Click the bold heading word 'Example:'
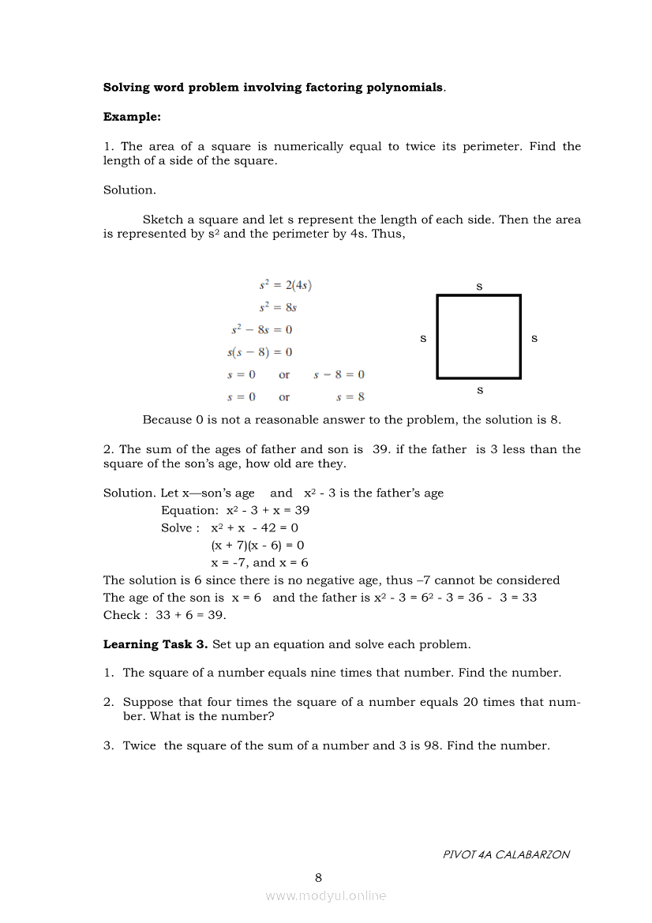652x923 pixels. point(132,117)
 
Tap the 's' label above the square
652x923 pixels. point(479,286)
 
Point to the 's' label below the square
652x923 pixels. point(479,390)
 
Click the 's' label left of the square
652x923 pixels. point(422,338)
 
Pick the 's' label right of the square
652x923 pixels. point(534,338)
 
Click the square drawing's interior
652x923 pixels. point(478,337)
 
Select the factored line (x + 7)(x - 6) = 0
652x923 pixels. point(257,545)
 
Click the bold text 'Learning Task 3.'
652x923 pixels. point(156,644)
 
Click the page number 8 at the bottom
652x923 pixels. point(318,877)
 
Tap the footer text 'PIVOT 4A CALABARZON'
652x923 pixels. point(506,854)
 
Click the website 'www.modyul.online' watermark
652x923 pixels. point(326,895)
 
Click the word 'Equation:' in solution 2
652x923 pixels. point(189,510)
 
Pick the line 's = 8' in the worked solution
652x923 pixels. point(350,397)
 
